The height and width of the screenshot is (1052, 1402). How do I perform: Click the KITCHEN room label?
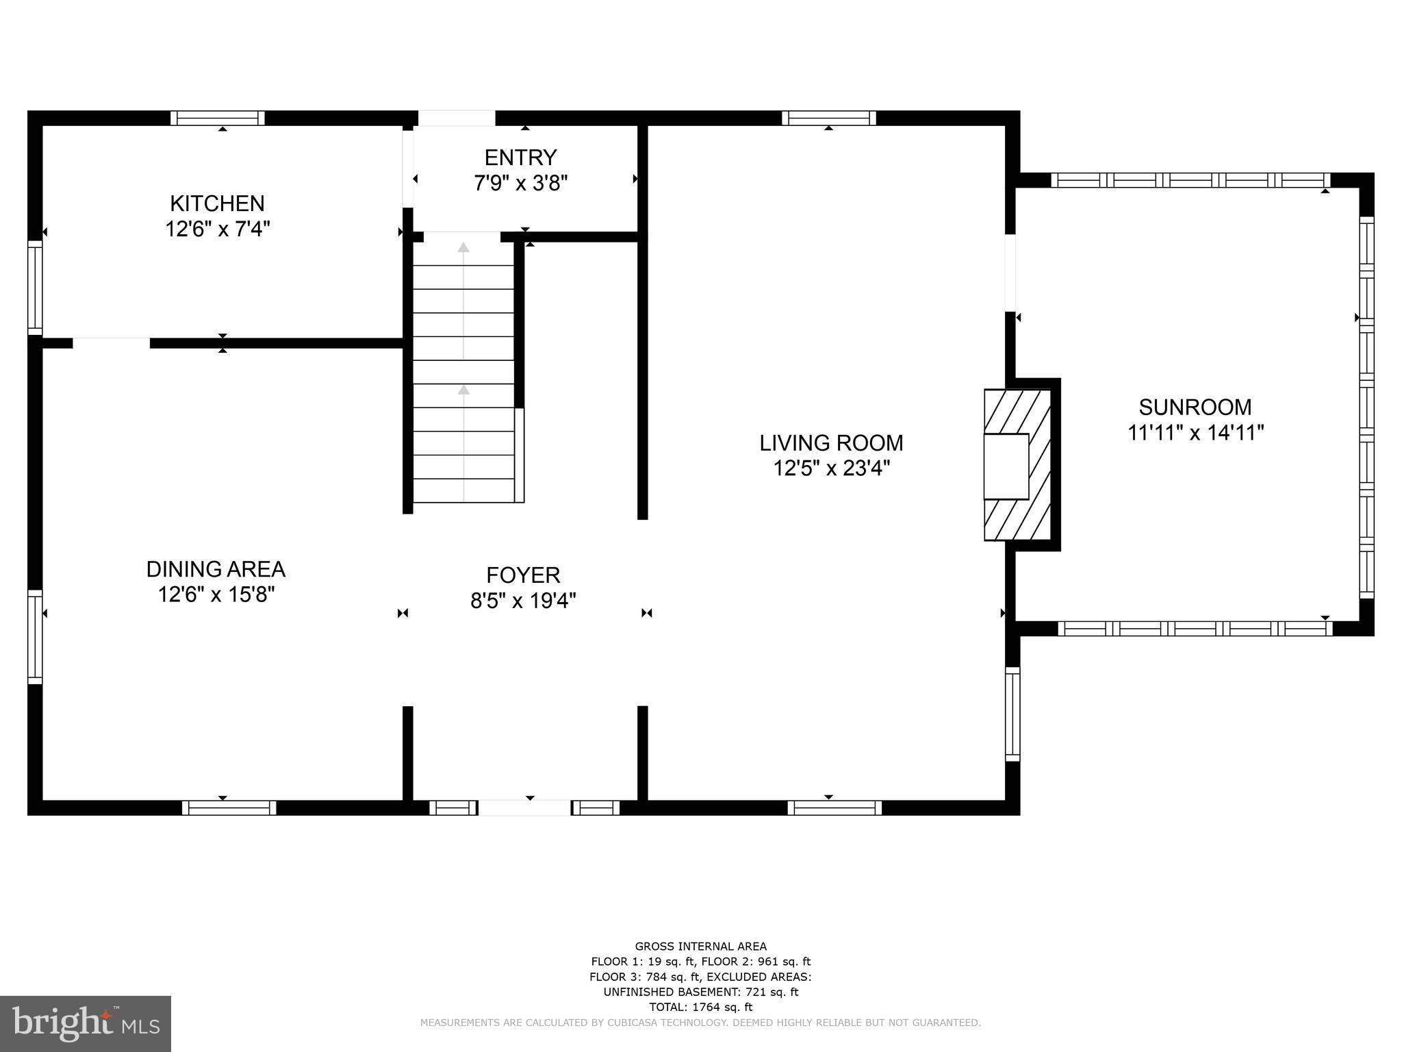click(x=217, y=203)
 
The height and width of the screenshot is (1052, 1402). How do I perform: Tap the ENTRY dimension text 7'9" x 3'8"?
click(x=521, y=184)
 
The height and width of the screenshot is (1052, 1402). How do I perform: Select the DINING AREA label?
click(x=216, y=569)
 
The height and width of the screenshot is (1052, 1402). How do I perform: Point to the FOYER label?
click(x=523, y=575)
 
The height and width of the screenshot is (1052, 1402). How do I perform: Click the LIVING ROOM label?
click(x=831, y=443)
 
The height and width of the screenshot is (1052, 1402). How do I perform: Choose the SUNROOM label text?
click(x=1195, y=408)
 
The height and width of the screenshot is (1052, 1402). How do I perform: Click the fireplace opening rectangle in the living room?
click(x=1006, y=466)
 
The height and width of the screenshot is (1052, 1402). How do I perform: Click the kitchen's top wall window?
click(x=217, y=118)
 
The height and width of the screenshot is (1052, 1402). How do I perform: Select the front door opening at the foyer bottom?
click(x=524, y=808)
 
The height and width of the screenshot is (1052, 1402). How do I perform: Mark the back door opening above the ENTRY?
click(x=457, y=118)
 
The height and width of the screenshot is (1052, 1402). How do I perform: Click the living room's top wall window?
click(x=829, y=118)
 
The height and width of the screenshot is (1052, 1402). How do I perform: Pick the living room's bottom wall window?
click(x=834, y=808)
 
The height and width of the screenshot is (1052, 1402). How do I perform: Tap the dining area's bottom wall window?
click(x=229, y=808)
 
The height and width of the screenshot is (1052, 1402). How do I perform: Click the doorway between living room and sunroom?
click(x=1010, y=273)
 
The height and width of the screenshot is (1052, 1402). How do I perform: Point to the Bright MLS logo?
click(x=86, y=1023)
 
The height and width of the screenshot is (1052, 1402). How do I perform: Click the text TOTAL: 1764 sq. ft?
click(x=700, y=1007)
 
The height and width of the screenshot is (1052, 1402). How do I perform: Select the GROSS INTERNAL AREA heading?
click(x=700, y=947)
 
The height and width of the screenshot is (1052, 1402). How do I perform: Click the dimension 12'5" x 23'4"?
click(x=831, y=469)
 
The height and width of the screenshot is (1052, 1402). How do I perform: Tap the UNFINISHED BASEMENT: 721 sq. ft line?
click(x=700, y=992)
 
